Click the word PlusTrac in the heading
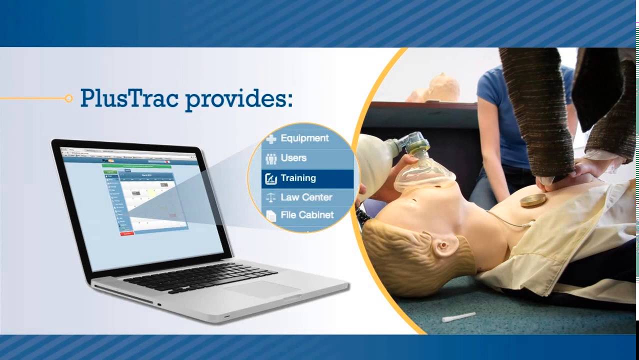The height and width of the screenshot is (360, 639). point(129,98)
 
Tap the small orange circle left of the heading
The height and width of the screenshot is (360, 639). point(68,98)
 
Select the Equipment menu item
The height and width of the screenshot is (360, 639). point(304,138)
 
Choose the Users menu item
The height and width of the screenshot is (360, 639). point(293,158)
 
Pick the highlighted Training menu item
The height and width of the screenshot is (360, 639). point(298,178)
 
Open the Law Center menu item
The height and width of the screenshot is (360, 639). point(306,197)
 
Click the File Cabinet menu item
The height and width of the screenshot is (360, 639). point(306,215)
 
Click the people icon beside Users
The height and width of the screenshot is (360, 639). point(271,159)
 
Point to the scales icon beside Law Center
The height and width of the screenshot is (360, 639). point(271,198)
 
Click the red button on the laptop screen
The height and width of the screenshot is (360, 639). point(127,233)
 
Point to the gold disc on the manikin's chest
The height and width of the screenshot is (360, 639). point(533,201)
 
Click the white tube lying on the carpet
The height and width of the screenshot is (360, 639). point(458,317)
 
